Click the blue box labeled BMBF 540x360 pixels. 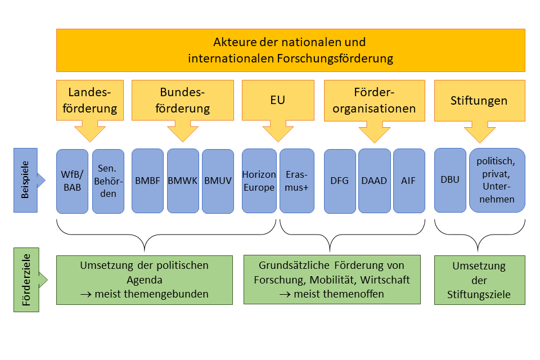click(x=148, y=181)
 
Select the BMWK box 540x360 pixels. click(x=183, y=181)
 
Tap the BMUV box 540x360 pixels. click(x=218, y=181)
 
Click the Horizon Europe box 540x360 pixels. click(x=259, y=181)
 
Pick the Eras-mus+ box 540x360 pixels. click(x=296, y=181)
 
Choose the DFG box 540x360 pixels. click(x=340, y=181)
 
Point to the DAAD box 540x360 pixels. click(x=374, y=181)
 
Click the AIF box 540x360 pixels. click(x=409, y=181)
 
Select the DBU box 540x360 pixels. click(x=450, y=180)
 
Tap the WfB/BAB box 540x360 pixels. click(x=72, y=181)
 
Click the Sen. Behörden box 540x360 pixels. click(x=107, y=181)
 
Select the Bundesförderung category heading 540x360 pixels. click(x=183, y=100)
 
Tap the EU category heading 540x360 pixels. click(x=278, y=100)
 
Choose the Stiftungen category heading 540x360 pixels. click(x=479, y=101)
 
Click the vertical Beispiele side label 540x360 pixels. click(x=25, y=180)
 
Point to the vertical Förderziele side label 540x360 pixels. click(x=25, y=280)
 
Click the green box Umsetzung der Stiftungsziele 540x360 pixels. click(x=479, y=280)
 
